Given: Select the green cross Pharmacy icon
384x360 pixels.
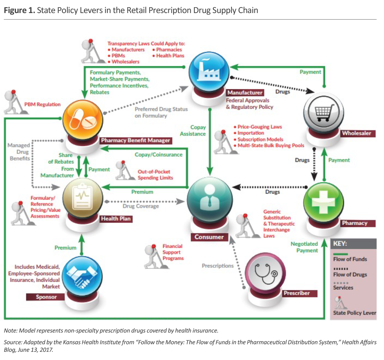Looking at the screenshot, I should (324, 202).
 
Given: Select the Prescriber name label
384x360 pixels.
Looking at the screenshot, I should (297, 293).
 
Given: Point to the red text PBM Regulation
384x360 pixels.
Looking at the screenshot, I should (43, 104).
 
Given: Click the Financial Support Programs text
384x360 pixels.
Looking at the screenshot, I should (173, 252).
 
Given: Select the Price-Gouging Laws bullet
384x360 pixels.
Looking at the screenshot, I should (260, 127).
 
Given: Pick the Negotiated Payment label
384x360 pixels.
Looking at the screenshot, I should (304, 247).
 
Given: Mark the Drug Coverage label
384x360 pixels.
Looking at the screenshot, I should (141, 206).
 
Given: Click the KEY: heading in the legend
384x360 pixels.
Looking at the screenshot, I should (341, 244).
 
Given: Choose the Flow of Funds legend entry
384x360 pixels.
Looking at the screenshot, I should (350, 259).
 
